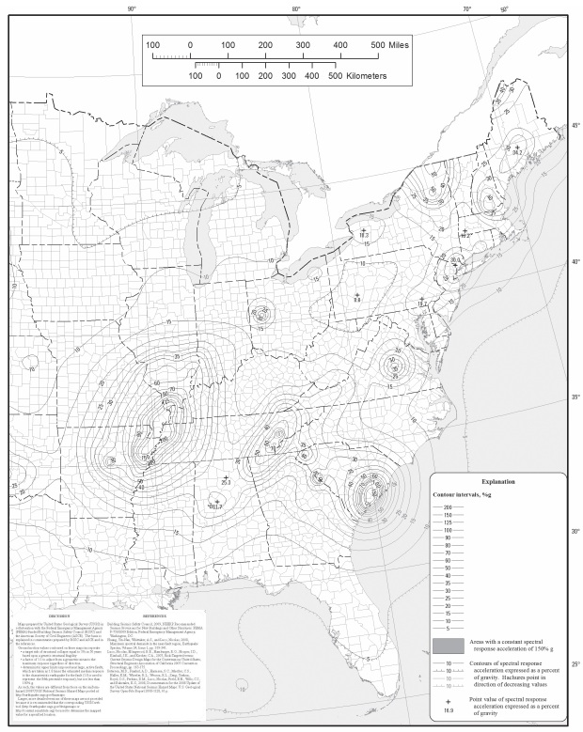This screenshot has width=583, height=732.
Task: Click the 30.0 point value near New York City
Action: point(455,259)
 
